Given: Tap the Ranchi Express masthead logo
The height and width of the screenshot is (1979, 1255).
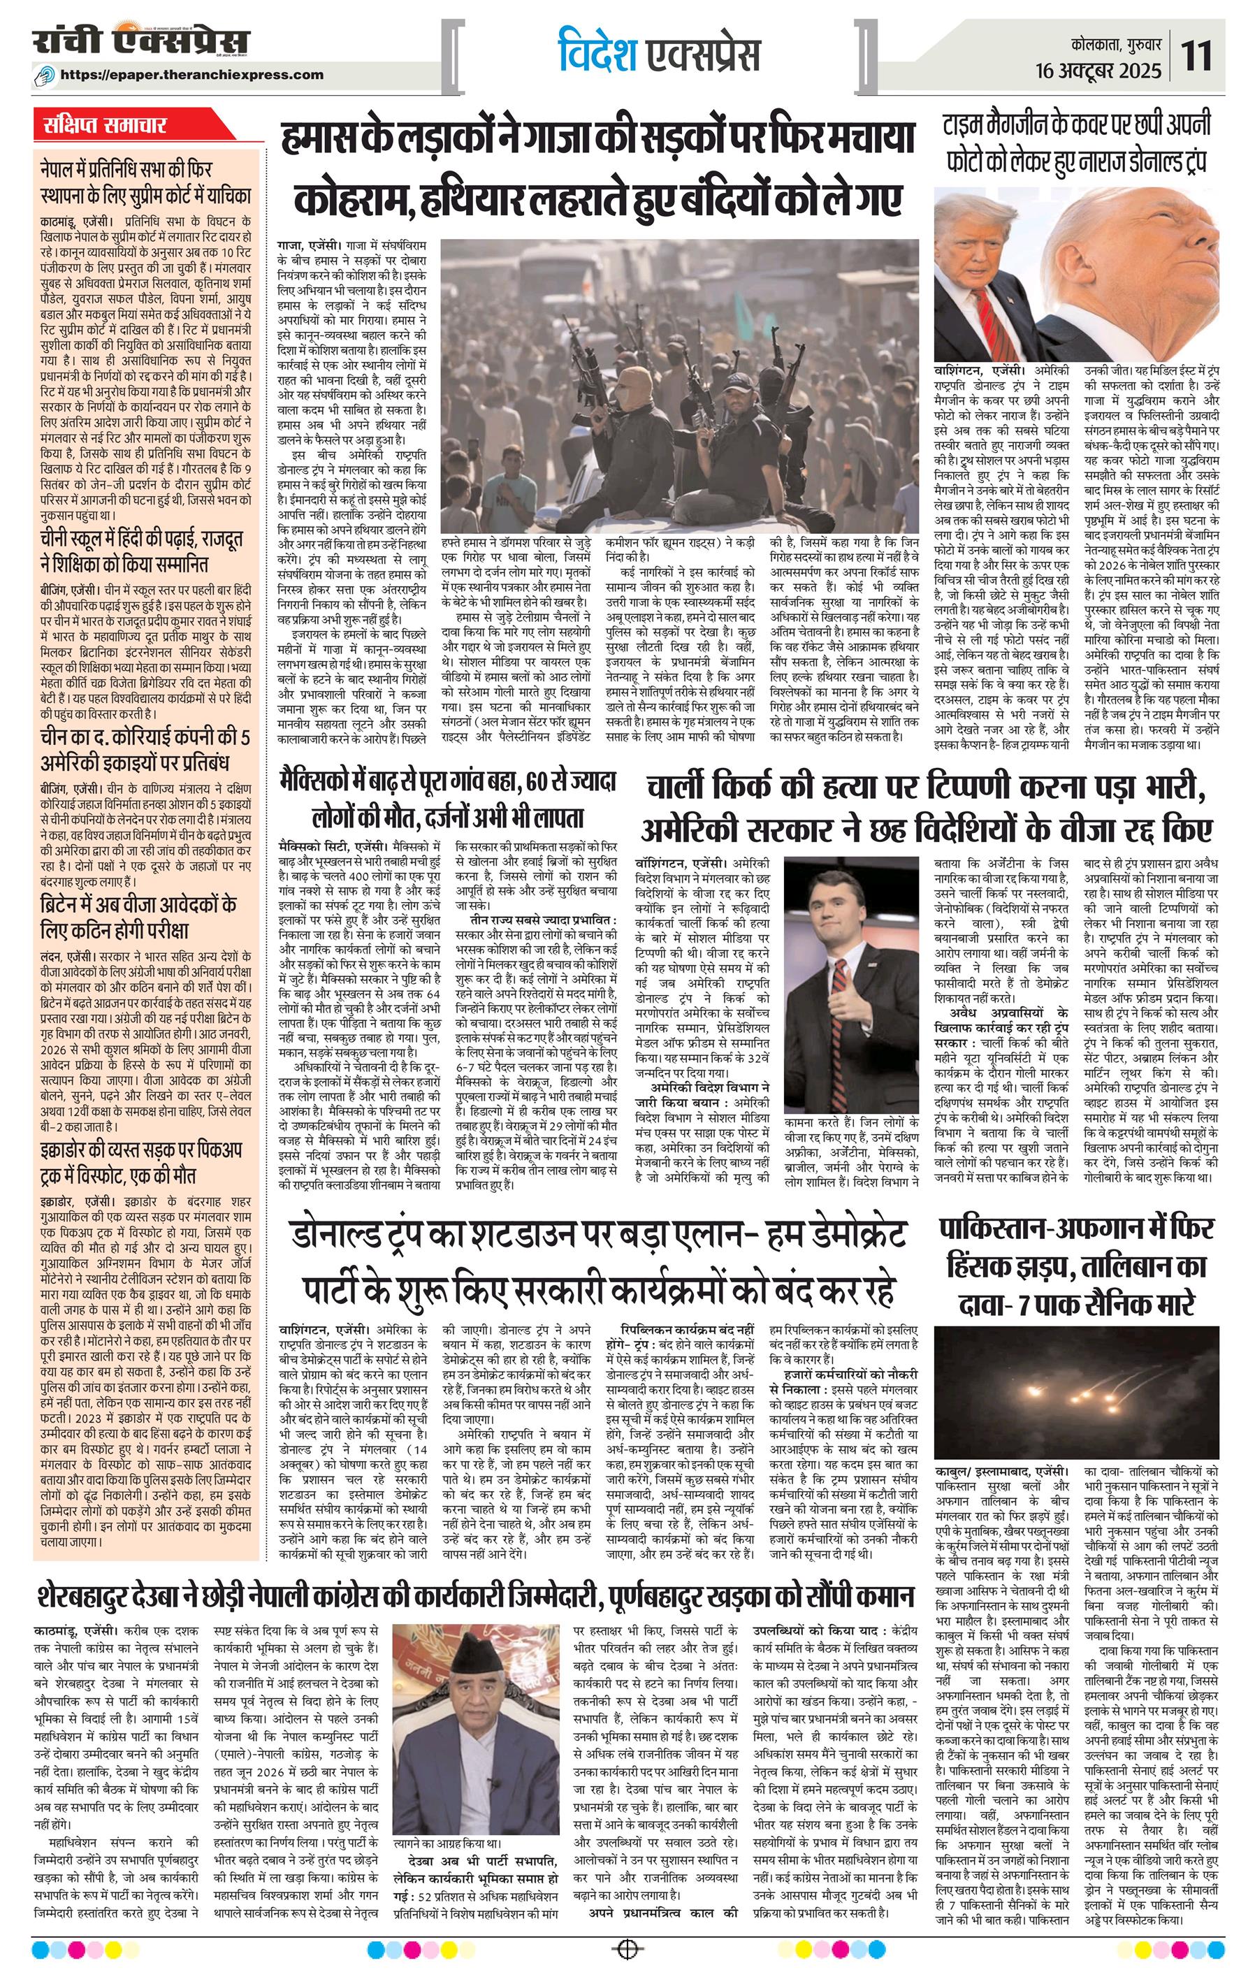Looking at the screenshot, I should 141,43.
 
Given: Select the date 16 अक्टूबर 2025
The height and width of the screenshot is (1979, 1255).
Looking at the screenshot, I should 1103,70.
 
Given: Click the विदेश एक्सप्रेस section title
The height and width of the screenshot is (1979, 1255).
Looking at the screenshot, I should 658,53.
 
